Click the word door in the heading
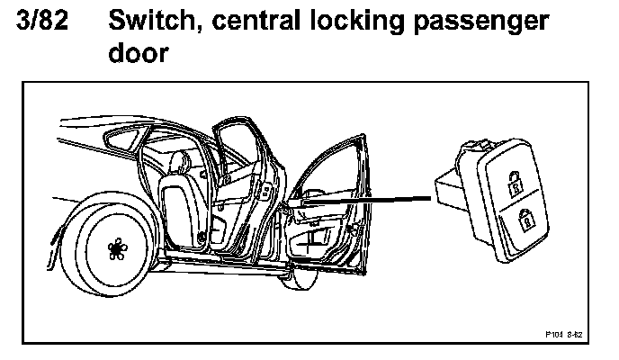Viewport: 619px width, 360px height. (x=137, y=54)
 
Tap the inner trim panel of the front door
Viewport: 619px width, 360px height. (x=319, y=238)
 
